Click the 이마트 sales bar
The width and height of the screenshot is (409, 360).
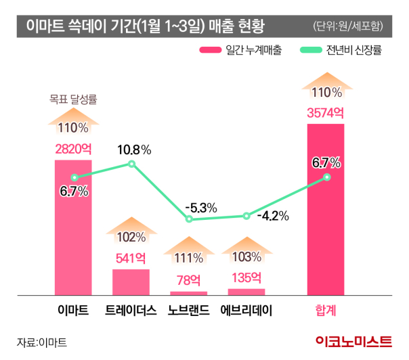(73, 230)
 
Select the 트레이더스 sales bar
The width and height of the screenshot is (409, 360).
(131, 282)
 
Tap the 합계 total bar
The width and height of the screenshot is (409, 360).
(326, 217)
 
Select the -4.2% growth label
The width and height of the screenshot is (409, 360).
(274, 217)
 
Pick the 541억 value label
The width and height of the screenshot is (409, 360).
(131, 258)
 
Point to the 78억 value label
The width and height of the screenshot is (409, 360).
(188, 279)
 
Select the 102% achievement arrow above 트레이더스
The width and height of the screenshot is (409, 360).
(131, 231)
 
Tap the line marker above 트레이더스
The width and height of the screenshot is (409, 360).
(132, 164)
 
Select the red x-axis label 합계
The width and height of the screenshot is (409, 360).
(326, 311)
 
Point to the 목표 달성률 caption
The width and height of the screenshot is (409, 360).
(73, 99)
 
